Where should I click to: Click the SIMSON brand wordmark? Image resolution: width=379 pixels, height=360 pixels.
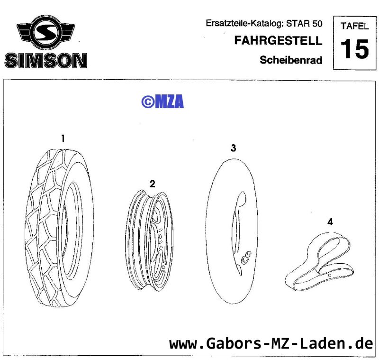point(45,60)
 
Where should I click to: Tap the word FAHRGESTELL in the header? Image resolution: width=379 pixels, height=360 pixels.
point(278,40)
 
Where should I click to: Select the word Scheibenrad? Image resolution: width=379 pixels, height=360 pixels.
point(291,60)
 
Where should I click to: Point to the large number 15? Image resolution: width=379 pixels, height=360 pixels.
point(354,49)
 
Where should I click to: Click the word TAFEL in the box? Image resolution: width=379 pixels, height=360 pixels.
point(354,26)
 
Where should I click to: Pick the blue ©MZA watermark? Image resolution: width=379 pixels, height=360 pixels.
point(162,102)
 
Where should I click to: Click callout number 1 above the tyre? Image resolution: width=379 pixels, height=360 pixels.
point(63,138)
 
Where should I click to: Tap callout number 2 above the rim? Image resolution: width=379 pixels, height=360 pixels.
point(152,184)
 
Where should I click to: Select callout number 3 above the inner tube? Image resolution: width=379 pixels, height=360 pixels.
point(233,148)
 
